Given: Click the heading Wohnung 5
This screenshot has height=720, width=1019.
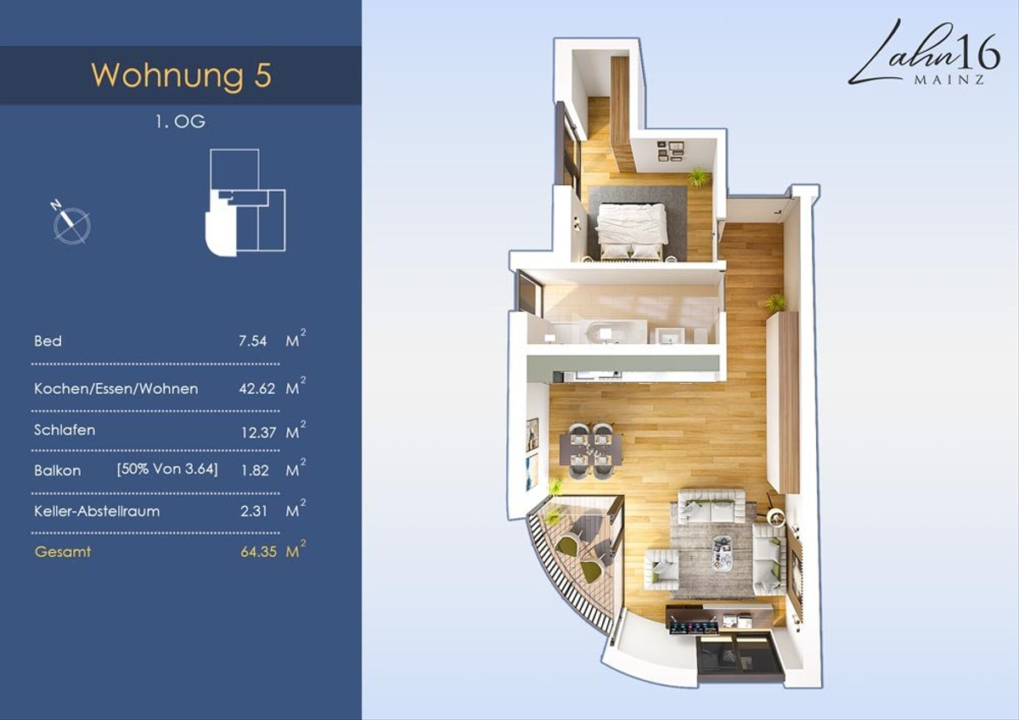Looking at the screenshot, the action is [181, 75].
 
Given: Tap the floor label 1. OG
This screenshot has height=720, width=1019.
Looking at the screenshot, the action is [180, 121].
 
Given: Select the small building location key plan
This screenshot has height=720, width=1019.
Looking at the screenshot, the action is [245, 202].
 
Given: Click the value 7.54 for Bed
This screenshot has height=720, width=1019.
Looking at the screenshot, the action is [252, 341].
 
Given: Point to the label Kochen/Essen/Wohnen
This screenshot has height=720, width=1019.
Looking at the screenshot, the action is [116, 389].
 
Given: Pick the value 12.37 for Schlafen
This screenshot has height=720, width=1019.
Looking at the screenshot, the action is [258, 432].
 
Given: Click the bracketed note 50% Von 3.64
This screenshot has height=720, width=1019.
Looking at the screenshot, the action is [167, 469].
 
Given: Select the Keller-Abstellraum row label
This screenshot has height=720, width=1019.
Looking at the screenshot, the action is [97, 511].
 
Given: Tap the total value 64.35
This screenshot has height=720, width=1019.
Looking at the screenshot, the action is [258, 552].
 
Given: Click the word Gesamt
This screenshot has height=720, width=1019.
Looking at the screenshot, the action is [63, 552].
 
